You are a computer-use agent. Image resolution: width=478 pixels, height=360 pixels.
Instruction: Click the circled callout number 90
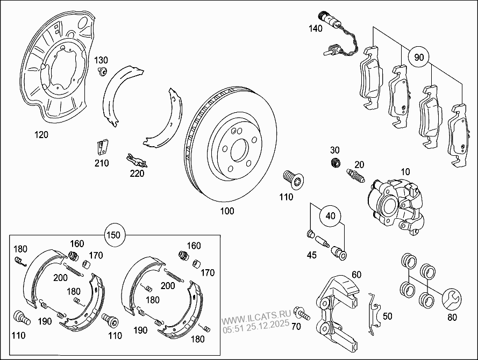pyautogui.click(x=419, y=56)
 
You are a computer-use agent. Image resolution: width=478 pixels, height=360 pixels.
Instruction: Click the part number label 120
pyautogui.click(x=40, y=135)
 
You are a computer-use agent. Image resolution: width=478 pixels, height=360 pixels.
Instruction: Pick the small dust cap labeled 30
pyautogui.click(x=335, y=163)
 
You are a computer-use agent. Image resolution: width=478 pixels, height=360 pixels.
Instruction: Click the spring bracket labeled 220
pyautogui.click(x=135, y=160)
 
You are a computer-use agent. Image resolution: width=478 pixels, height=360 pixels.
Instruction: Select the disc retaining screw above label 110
pyautogui.click(x=291, y=178)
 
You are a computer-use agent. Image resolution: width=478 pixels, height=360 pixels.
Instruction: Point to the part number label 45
pyautogui.click(x=311, y=255)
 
